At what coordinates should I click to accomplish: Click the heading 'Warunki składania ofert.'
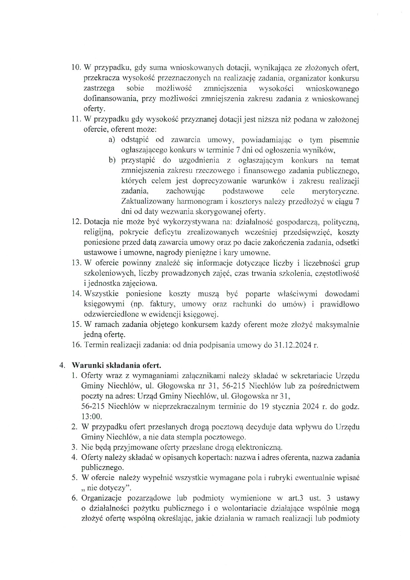click(x=116, y=366)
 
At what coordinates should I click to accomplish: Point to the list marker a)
click(x=112, y=140)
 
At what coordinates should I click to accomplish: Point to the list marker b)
click(x=112, y=160)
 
